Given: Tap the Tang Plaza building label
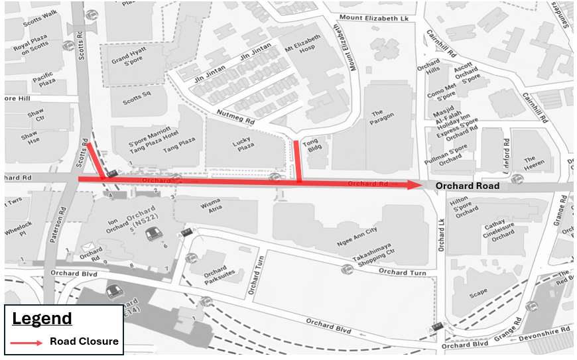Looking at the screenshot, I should (179, 141).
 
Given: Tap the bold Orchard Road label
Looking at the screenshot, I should (467, 186).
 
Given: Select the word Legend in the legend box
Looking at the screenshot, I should (42, 318).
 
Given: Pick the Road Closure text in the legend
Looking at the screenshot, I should (84, 342).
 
